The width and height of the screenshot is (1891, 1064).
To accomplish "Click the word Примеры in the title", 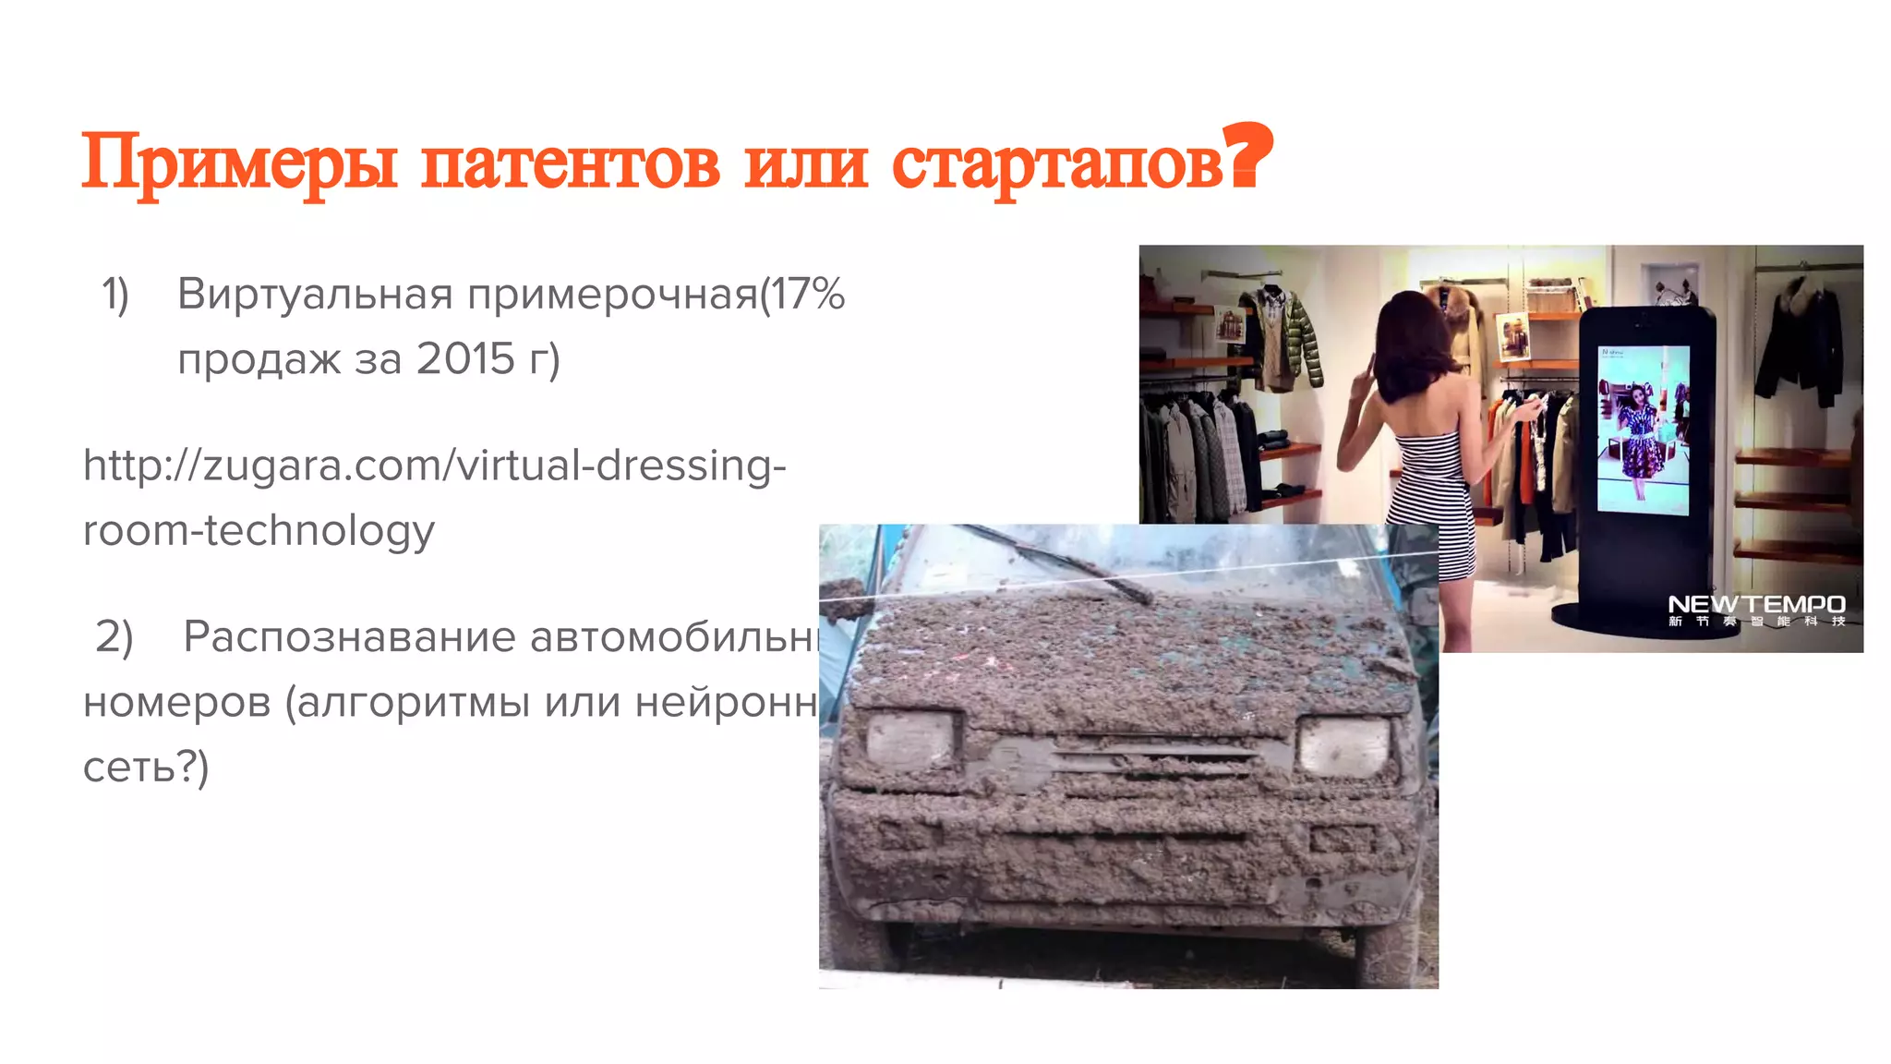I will (x=239, y=163).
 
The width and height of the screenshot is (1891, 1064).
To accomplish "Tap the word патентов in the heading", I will (x=570, y=164).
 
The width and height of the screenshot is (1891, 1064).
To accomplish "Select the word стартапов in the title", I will (x=1056, y=164).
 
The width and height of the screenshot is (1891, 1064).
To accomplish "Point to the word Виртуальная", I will (x=315, y=295).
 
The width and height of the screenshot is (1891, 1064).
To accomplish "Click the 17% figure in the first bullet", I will (x=807, y=295).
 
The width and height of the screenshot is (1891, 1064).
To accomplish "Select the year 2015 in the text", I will (x=464, y=359).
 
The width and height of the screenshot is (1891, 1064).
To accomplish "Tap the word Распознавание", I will (x=349, y=636).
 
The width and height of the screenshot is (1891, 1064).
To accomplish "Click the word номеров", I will (x=176, y=702).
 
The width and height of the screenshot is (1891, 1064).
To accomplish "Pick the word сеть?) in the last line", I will (x=146, y=767).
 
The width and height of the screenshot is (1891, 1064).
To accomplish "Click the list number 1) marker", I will (x=115, y=295).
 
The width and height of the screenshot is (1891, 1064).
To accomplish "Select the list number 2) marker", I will (x=114, y=637).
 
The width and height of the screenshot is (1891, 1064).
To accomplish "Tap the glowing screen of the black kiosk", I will (x=1644, y=429).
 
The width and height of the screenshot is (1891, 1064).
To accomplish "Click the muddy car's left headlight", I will (x=910, y=740).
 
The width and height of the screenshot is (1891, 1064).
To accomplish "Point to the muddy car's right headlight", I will (x=1344, y=745).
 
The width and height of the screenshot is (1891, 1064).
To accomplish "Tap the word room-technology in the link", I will (x=259, y=531).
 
